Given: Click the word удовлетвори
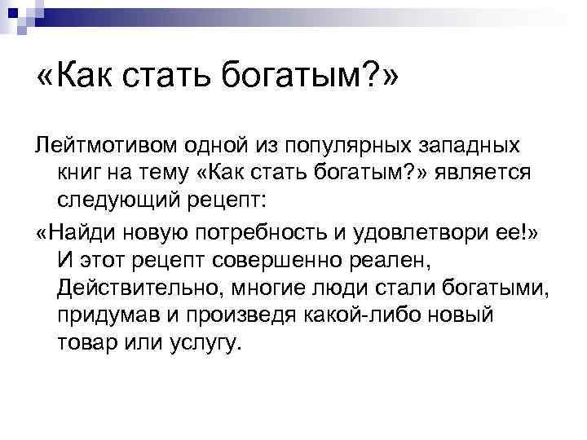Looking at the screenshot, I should (434, 231).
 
